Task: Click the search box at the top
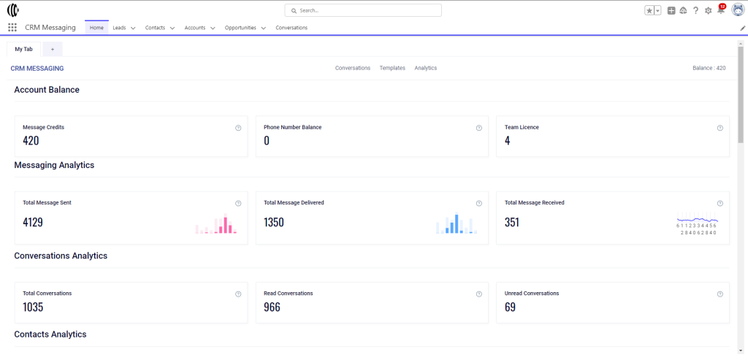point(363,10)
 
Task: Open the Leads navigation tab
point(119,28)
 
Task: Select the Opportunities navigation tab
point(240,28)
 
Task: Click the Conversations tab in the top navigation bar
point(291,28)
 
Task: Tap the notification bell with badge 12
point(721,10)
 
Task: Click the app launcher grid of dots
point(12,28)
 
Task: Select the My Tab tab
point(24,49)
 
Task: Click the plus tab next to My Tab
point(53,49)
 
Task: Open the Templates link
point(392,68)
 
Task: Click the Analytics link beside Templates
point(426,68)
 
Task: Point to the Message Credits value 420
point(31,141)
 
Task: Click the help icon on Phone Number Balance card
point(479,128)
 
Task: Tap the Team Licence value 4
point(507,141)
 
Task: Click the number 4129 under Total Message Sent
point(33,222)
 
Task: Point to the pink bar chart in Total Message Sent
point(216,223)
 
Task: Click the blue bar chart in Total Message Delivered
point(457,223)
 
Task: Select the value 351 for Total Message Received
point(512,222)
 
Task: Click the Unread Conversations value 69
point(510,307)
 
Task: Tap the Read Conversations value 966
point(272,307)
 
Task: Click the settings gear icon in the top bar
point(708,10)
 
